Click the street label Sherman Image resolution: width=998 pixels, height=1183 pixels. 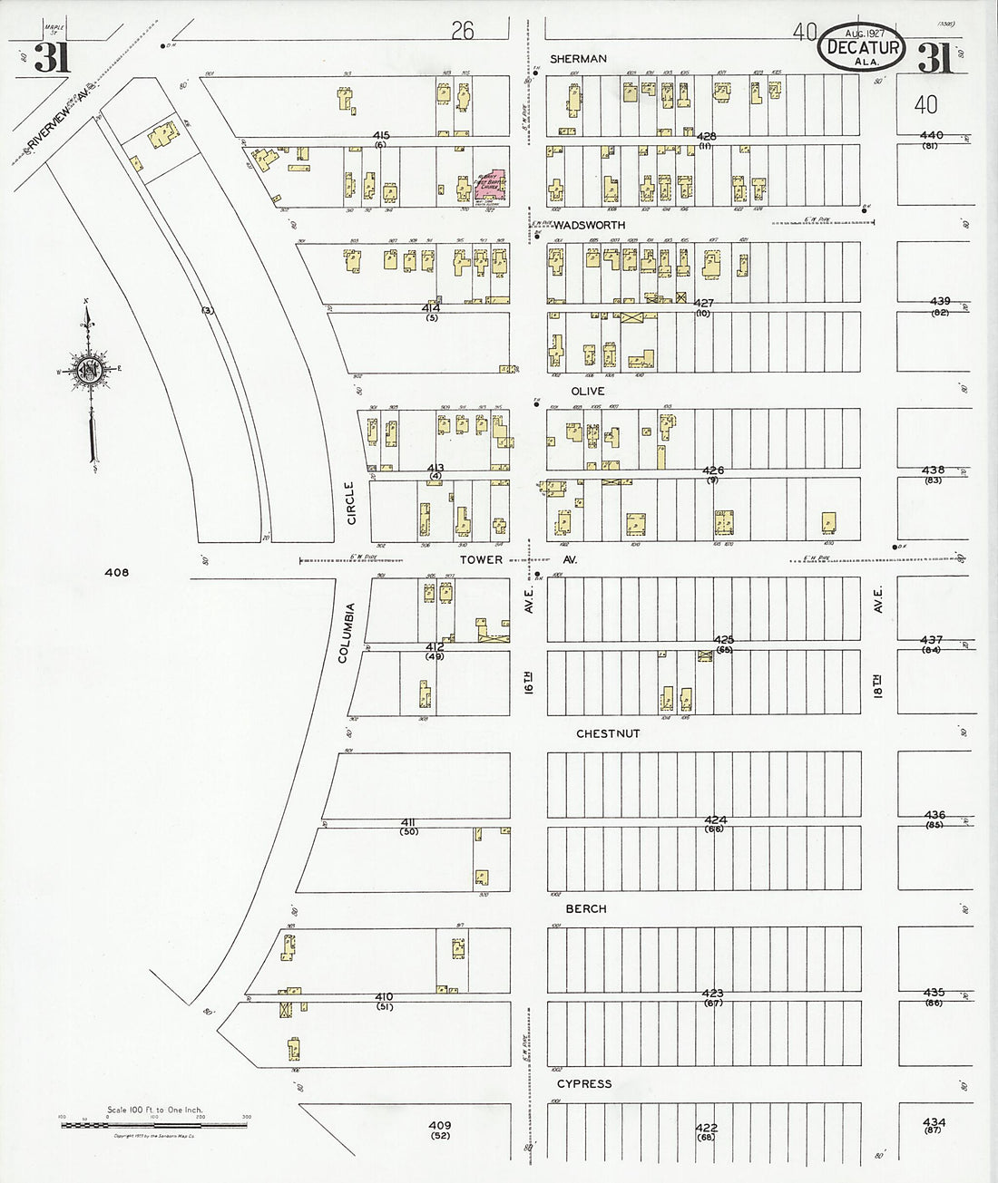(x=578, y=59)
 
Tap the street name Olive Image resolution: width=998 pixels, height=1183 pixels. (x=588, y=391)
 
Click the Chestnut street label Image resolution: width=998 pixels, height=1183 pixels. (x=608, y=732)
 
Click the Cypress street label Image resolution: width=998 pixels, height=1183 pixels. (x=584, y=1083)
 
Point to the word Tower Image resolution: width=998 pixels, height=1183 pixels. (x=481, y=560)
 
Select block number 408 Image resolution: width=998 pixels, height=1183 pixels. (x=117, y=572)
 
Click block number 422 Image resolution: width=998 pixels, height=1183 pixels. (x=707, y=1128)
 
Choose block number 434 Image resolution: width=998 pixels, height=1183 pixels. (x=934, y=1122)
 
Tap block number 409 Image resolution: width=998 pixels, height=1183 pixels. (x=440, y=1125)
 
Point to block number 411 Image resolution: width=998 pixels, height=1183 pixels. (x=408, y=821)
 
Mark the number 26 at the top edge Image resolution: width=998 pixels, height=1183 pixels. (x=463, y=32)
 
